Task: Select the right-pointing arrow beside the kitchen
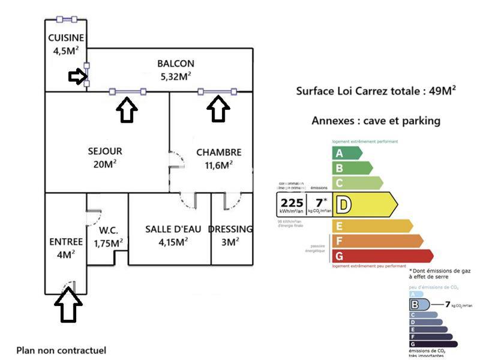click(77, 76)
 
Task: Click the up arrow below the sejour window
click(127, 110)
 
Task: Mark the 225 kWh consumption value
click(292, 202)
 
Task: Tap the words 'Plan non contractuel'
click(61, 350)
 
